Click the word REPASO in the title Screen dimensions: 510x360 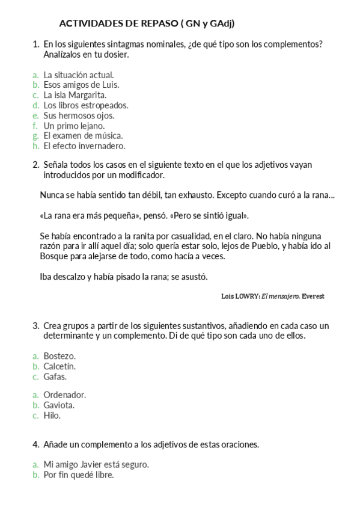163,23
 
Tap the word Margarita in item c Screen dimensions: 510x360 87,95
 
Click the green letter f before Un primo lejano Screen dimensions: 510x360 35,126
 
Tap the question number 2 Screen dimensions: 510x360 35,164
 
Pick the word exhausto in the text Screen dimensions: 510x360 192,195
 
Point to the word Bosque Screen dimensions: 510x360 53,256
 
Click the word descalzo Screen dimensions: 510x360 71,277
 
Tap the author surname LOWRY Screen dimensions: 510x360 249,296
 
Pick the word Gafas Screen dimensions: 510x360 55,376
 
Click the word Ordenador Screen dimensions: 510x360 65,395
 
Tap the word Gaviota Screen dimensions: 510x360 59,405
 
